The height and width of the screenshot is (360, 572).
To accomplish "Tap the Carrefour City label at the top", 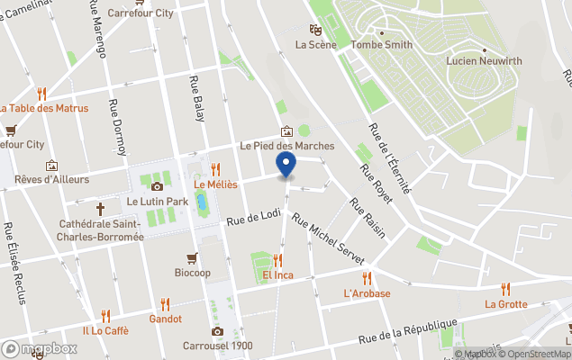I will coord(140,13).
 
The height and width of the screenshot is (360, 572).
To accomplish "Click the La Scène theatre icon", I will coord(314,29).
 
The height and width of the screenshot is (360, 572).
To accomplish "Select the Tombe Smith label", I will coord(382,44).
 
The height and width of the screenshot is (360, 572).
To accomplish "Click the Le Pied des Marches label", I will coord(286,145).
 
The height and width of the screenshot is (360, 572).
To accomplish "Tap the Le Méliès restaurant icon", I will coord(215,168).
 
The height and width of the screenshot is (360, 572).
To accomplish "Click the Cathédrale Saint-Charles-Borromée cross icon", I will coord(101,204).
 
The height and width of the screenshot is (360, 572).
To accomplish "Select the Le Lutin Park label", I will coord(158,201).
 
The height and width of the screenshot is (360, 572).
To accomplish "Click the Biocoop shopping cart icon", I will coord(192,258).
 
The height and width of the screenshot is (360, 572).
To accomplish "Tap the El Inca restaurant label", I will coord(278,274).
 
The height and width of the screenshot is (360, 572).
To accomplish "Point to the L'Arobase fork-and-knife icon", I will coord(367,278).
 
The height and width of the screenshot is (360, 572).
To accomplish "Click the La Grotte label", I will coord(506,303).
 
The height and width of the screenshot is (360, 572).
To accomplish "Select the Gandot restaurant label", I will coord(166,319).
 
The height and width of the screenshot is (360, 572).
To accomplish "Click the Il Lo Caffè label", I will coord(105,330).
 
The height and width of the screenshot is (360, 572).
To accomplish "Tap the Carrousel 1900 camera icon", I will coord(217,331).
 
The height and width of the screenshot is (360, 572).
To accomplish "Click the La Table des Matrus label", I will coord(43,108).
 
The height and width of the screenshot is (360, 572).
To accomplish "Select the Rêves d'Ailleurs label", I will coord(51,179).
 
